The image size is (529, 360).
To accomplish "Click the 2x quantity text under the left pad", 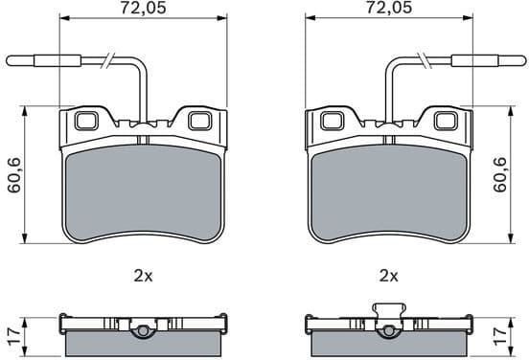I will tap(143, 276).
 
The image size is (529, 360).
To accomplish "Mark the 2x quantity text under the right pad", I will tap(388, 276).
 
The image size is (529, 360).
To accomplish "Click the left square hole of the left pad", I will tap(86, 121).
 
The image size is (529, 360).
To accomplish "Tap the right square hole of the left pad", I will tap(199, 121).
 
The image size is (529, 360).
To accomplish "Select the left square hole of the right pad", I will tap(332, 121).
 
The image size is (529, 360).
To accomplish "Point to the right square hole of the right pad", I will tap(444, 121).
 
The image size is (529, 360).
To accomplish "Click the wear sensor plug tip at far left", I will tap(21, 62).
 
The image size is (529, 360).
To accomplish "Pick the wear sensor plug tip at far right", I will tap(508, 62).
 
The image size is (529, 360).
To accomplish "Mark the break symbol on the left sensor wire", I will tap(110, 62).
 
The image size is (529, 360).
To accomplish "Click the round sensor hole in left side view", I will tap(143, 332).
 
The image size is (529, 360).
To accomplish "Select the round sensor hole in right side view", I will tap(388, 332).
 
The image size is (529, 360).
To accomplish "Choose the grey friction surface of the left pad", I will tap(143, 196).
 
